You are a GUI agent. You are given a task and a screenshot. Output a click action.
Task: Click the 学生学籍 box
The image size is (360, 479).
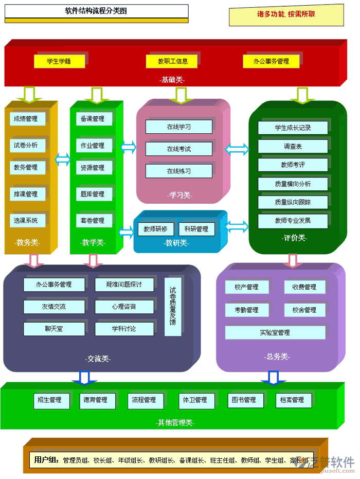tap(59, 61)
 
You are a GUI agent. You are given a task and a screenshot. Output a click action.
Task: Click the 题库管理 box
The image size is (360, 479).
tap(93, 194)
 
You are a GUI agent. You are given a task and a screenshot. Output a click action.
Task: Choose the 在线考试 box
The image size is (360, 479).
tap(178, 149)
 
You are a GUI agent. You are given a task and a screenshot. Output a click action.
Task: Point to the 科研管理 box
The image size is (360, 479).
tap(196, 229)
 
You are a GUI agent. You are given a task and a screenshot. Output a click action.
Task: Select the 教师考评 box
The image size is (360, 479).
tap(293, 165)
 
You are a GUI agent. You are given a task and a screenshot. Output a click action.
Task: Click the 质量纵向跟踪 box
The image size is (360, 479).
tap(293, 202)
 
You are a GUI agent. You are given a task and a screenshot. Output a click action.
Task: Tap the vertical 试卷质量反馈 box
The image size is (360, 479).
tap(173, 307)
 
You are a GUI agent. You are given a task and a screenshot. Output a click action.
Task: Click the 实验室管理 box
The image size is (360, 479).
tap(275, 332)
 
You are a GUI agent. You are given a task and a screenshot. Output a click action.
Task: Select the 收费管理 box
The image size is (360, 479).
tap(304, 287)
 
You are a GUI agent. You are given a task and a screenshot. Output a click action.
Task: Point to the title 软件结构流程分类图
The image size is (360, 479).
tap(96, 11)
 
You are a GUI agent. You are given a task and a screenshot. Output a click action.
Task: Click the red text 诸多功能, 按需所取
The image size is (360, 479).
tap(286, 14)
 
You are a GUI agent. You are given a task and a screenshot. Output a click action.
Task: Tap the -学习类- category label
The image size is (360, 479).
tap(179, 196)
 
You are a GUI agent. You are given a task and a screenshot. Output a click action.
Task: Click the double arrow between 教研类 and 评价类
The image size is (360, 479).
tap(237, 226)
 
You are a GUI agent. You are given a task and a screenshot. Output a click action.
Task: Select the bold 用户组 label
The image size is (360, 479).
tap(46, 459)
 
